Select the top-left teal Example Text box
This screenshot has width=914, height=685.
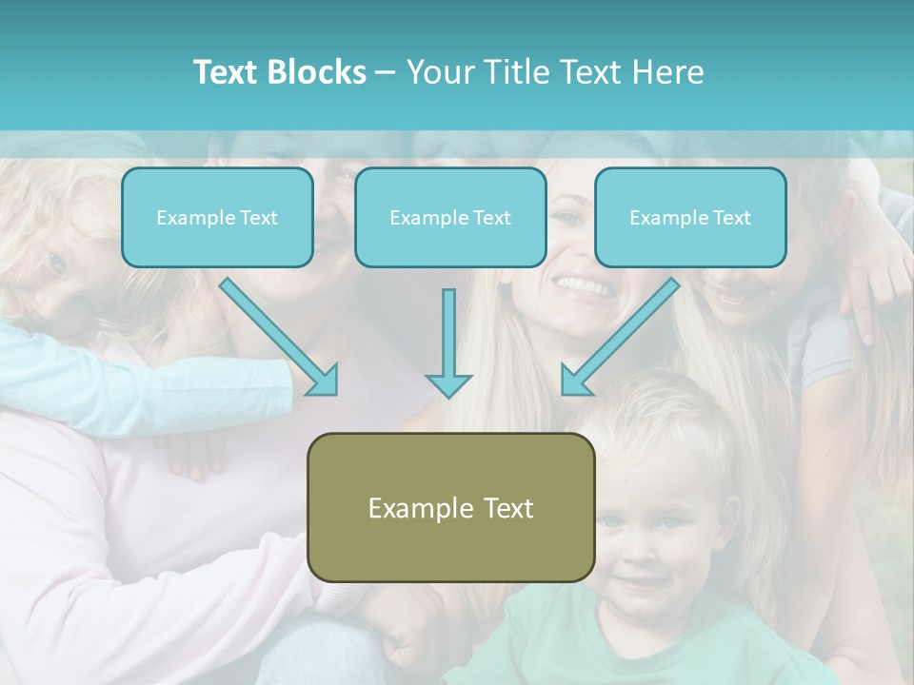[x=217, y=218]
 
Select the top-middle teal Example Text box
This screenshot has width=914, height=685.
[x=450, y=218]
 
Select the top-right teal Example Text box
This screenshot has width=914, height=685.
[x=690, y=218]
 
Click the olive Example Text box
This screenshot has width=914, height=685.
[x=450, y=507]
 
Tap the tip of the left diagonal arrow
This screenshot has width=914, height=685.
[x=335, y=392]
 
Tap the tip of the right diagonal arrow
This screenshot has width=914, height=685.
[x=564, y=392]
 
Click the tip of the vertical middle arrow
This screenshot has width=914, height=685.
[x=448, y=395]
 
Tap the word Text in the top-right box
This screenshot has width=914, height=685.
[x=731, y=218]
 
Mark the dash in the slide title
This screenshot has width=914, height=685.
[x=386, y=73]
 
